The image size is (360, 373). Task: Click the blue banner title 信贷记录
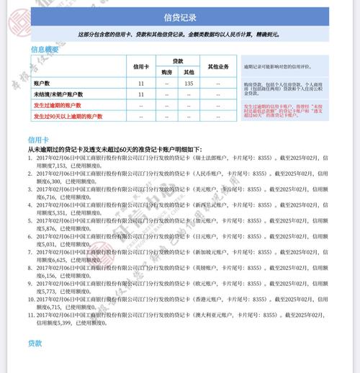(x=180, y=17)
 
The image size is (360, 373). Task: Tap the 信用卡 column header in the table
(x=141, y=67)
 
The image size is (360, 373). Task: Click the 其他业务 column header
(x=217, y=67)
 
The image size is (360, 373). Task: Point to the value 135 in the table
(x=189, y=84)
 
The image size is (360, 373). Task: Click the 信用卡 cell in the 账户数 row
(x=141, y=84)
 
